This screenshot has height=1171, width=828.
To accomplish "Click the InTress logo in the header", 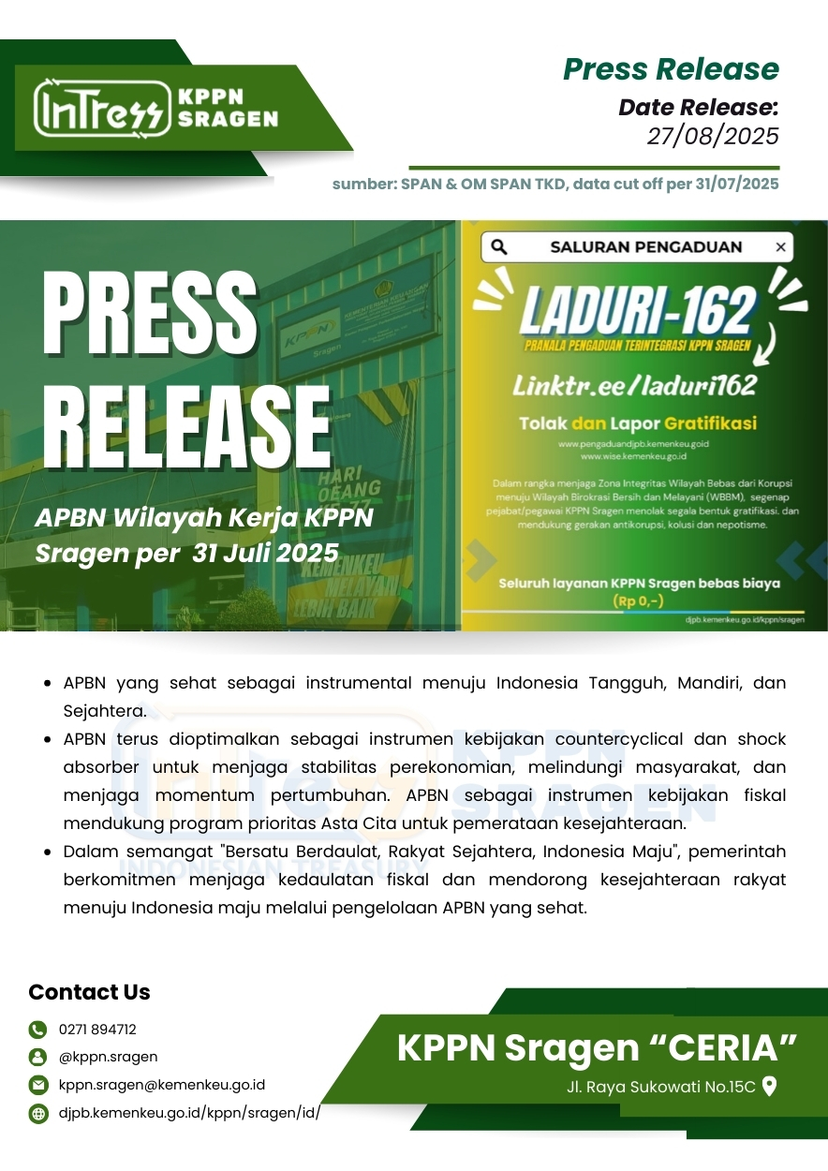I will [x=101, y=109].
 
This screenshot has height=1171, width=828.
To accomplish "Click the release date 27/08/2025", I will [x=713, y=137].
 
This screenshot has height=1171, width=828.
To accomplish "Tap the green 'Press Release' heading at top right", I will [x=671, y=68].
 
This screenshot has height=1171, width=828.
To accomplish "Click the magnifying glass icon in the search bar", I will [x=499, y=247].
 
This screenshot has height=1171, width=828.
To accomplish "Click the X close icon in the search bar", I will [x=780, y=247].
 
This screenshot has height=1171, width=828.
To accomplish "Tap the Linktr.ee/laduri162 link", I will [x=633, y=384].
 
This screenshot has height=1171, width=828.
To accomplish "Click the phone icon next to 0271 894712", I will [x=37, y=1030].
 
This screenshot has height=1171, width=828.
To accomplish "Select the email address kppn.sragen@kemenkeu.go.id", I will [x=162, y=1085].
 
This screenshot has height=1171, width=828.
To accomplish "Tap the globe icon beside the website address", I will [x=37, y=1114].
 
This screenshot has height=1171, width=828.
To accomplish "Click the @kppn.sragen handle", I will [x=108, y=1057].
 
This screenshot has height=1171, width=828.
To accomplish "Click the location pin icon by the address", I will [x=770, y=1087].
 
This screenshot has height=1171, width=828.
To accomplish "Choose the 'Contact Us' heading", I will [x=89, y=992].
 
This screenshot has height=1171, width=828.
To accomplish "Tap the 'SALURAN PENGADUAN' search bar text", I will [x=646, y=247].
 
